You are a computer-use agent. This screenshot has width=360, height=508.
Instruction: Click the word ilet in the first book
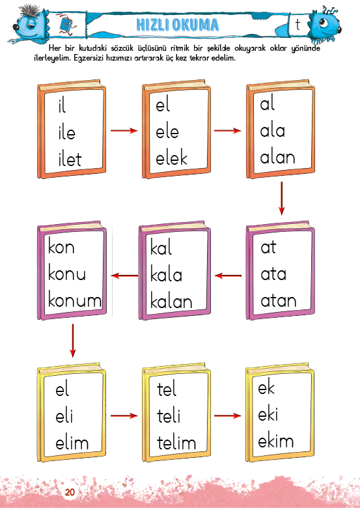pyautogui.click(x=70, y=160)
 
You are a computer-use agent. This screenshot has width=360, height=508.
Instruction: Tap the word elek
pyautogui.click(x=172, y=158)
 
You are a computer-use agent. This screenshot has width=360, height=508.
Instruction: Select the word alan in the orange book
pyautogui.click(x=278, y=157)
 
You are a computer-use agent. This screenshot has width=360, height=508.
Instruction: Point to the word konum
pyautogui.click(x=75, y=300)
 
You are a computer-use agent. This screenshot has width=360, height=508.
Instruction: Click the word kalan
pyautogui.click(x=171, y=302)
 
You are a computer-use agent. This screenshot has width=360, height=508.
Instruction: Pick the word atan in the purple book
pyautogui.click(x=279, y=300)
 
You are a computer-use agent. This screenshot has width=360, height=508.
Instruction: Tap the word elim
pyautogui.click(x=72, y=443)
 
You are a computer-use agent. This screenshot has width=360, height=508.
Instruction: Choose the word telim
pyautogui.click(x=177, y=443)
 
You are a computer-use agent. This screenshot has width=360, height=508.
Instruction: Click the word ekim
pyautogui.click(x=276, y=441)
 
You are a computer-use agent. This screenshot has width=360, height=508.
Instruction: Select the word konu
pyautogui.click(x=67, y=274)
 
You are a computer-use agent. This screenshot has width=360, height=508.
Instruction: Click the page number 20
pyautogui.click(x=70, y=492)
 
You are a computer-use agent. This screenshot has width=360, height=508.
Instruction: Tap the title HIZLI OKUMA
pyautogui.click(x=178, y=25)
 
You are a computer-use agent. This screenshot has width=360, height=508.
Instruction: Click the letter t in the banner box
pyautogui.click(x=298, y=25)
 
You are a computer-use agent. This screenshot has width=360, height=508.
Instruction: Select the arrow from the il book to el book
pyautogui.click(x=124, y=130)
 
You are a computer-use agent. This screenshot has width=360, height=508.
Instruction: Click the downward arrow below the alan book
pyautogui.click(x=281, y=198)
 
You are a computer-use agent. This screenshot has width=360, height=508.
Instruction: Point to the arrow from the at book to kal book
pyautogui.click(x=228, y=275)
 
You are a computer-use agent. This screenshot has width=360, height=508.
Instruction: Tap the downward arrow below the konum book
pyautogui.click(x=72, y=341)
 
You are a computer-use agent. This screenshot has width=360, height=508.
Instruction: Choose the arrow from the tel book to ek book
pyautogui.click(x=228, y=416)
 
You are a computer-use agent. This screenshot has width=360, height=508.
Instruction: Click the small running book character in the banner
pyautogui.click(x=66, y=24)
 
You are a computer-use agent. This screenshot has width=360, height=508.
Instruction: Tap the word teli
pyautogui.click(x=169, y=416)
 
